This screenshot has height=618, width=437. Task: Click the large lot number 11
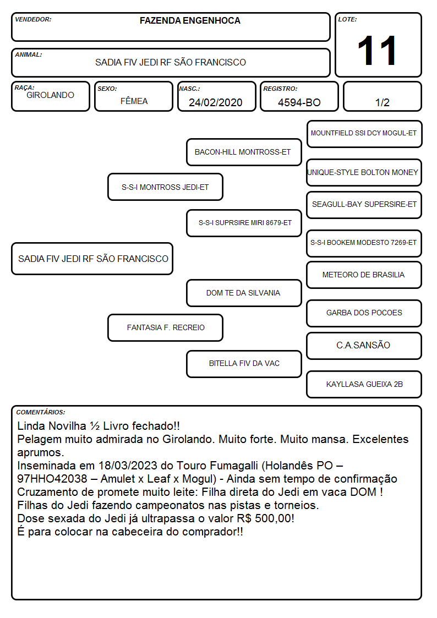376,51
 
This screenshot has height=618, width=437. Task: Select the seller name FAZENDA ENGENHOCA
190,21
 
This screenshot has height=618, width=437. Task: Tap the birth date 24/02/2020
216,102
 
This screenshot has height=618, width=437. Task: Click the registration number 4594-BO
299,102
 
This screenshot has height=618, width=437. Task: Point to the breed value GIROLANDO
50,95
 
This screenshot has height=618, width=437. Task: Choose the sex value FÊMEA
134,101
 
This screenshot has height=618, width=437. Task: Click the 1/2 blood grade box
382,96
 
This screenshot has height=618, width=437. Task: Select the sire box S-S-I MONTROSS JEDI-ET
165,187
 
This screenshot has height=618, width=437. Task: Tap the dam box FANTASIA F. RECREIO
165,327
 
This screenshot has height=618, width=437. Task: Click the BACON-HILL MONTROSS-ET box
244,152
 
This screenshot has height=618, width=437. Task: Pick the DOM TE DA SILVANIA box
244,293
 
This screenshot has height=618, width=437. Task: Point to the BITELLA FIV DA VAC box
244,364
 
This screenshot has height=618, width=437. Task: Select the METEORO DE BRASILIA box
364,275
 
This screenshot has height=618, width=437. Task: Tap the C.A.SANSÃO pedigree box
364,346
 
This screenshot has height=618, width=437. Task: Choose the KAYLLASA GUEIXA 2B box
364,384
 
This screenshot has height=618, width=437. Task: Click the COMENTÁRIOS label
41,412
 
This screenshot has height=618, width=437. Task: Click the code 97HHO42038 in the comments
52,479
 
